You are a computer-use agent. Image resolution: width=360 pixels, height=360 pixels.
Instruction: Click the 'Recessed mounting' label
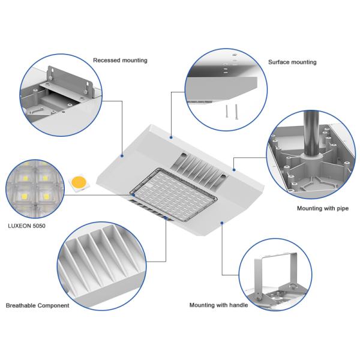coord(120,61)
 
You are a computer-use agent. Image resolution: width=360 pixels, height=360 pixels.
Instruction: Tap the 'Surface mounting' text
coord(292,62)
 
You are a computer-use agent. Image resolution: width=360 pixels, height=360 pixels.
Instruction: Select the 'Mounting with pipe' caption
coord(323,208)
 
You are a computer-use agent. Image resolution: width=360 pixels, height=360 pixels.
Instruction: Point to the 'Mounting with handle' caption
coord(218,305)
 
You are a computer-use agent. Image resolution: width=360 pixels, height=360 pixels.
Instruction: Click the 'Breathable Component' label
coord(37,305)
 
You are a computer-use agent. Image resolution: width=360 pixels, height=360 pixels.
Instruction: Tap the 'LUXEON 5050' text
coord(26,226)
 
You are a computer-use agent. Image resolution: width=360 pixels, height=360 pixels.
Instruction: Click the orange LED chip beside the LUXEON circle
coord(79,182)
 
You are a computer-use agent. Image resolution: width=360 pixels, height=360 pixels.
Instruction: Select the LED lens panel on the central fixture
coord(173,194)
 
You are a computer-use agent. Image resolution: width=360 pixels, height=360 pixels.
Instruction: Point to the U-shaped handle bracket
coord(275,264)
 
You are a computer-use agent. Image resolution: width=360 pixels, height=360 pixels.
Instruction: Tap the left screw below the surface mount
coord(227,112)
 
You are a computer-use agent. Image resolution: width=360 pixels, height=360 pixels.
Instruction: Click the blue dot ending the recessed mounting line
coord(122,156)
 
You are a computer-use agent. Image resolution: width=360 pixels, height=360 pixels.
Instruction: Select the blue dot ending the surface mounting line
coord(171,137)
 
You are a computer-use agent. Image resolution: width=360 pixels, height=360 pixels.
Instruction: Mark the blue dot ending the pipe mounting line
coord(234,170)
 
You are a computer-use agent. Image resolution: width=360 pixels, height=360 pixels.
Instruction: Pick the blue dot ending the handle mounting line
coord(222,223)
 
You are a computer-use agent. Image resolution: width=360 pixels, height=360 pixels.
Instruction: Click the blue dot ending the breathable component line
coord(166,217)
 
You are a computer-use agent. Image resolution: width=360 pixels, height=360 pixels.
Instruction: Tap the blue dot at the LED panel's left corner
coord(133,194)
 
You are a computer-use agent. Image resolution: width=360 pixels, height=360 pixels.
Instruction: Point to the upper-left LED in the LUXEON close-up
coord(25,178)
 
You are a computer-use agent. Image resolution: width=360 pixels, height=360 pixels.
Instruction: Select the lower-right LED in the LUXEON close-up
coord(46,197)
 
